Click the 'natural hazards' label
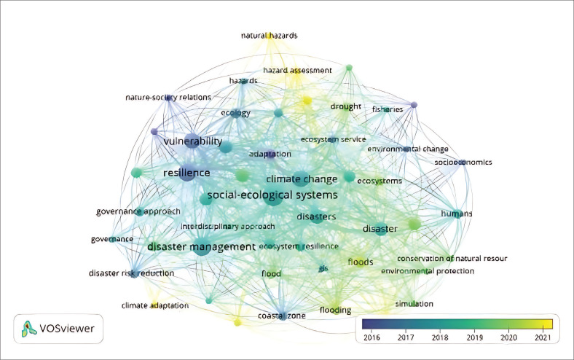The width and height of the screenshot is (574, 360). click(270, 35)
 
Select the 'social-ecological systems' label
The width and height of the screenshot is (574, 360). click(272, 195)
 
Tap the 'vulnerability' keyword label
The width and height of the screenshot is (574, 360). click(192, 141)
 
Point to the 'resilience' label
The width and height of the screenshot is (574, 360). click(186, 173)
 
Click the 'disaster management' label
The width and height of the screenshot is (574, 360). click(201, 247)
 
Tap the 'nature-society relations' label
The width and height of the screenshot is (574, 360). click(168, 97)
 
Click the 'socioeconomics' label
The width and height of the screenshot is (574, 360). click(463, 162)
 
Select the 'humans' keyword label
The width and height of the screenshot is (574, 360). click(457, 213)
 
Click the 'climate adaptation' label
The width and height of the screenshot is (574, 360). click(155, 305)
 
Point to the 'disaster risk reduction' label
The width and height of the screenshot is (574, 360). click(131, 273)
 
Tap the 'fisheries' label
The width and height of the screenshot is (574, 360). click(388, 109)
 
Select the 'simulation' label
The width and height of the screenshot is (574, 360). click(414, 303)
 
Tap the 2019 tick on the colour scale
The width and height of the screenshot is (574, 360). click(475, 337)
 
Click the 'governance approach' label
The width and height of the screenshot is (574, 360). click(138, 212)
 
